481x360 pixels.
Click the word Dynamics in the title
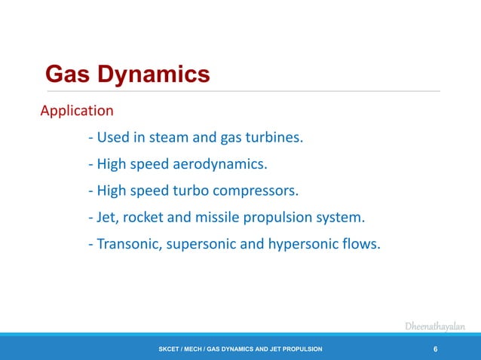158,75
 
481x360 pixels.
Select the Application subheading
77,111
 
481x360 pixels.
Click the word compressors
262,191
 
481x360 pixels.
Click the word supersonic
204,245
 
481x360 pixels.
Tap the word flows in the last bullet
359,244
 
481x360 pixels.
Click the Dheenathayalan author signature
435,326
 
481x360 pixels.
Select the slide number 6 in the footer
436,349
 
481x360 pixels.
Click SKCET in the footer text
170,349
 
